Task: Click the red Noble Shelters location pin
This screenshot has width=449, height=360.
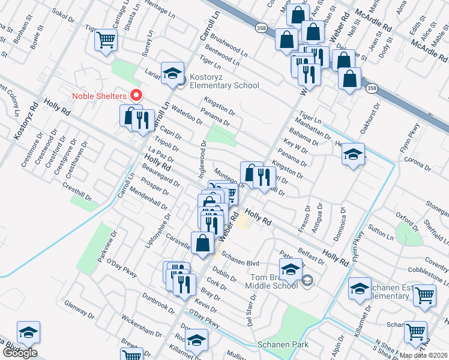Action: tap(136, 95)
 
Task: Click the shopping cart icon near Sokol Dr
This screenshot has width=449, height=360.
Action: tap(106, 40)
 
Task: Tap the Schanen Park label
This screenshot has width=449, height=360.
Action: tap(283, 344)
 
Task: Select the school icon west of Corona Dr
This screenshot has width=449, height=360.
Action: tap(354, 154)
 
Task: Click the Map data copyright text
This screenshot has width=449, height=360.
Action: tap(423, 355)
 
